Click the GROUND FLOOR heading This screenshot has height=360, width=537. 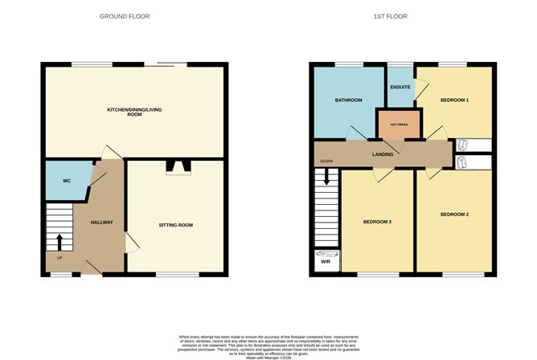point(124,16)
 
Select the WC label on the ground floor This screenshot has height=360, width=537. point(68,181)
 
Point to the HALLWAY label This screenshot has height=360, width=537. point(101,223)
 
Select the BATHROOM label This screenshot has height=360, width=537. point(348,100)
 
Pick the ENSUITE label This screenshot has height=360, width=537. point(400,86)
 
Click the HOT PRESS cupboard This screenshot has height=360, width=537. point(400,125)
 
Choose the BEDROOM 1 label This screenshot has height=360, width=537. point(455,100)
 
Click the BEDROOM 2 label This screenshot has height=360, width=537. point(455,215)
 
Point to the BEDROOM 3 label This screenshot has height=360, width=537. point(376,221)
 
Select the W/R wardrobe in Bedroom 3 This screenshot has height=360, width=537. point(326,261)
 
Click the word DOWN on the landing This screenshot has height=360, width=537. point(326,161)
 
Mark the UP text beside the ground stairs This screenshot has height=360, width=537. point(59,258)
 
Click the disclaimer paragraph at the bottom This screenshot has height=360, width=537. point(268,344)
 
